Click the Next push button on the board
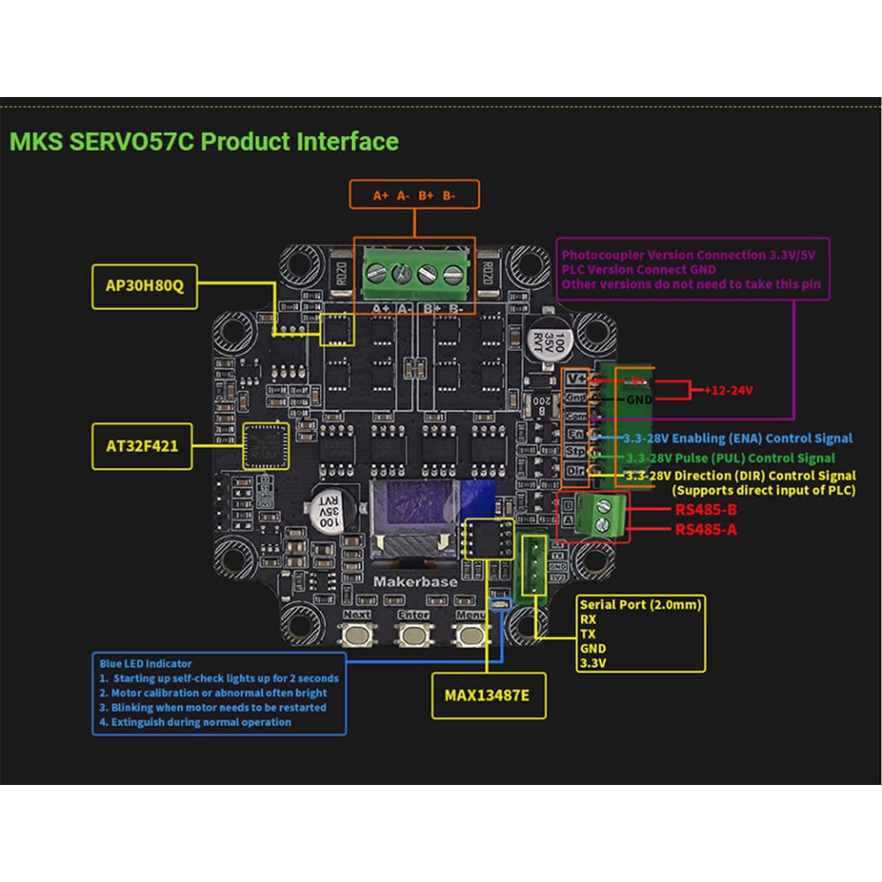(x=357, y=634)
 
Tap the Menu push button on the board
(x=470, y=634)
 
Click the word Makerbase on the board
(x=414, y=582)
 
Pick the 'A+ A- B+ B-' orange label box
(x=414, y=195)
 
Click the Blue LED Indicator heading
(x=146, y=663)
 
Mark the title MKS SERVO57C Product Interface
(x=204, y=141)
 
